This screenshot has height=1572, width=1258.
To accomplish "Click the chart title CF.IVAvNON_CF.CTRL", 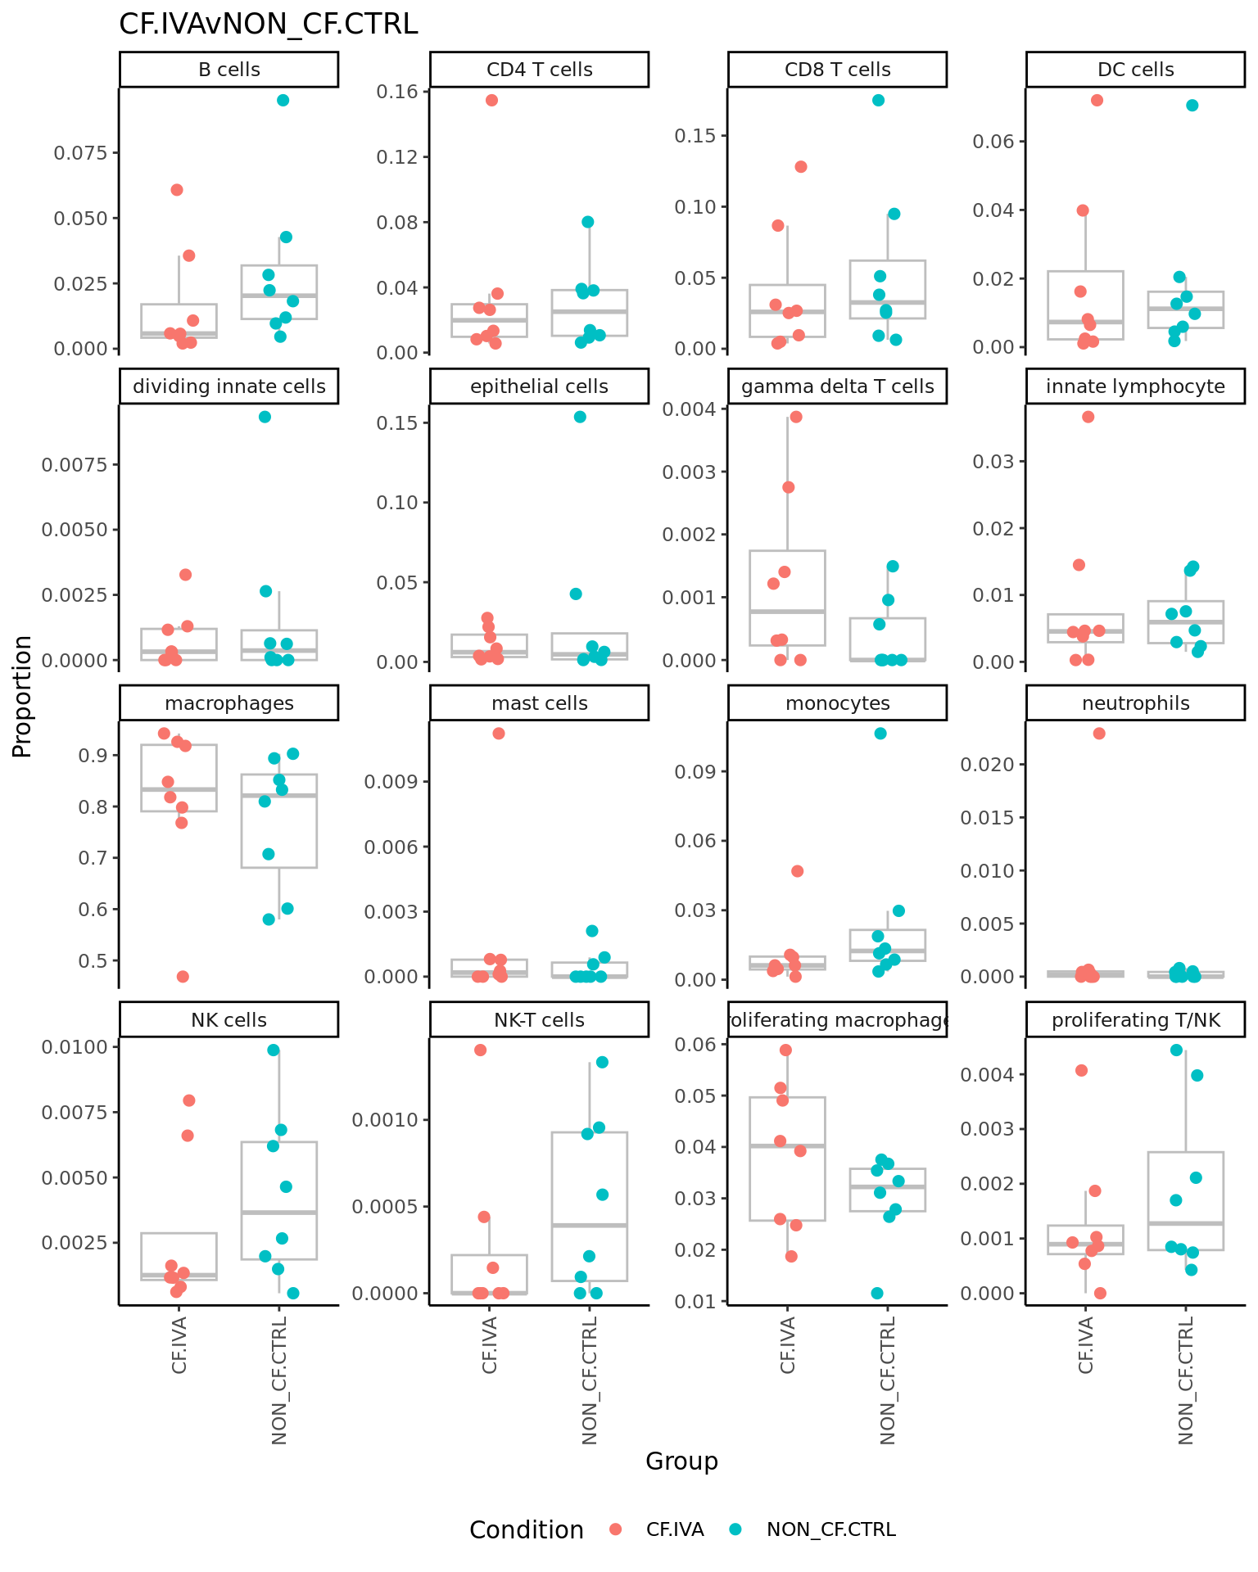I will (269, 25).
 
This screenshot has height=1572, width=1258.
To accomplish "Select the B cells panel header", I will (229, 70).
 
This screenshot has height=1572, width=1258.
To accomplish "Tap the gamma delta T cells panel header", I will (837, 386).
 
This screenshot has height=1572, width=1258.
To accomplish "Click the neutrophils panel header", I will (1135, 703).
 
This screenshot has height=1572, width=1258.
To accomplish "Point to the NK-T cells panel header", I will (539, 1020).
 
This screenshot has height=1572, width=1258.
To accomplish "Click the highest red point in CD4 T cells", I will (491, 100).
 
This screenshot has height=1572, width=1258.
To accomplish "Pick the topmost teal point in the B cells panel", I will (283, 100).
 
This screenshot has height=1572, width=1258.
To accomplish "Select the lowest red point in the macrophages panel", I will (183, 976).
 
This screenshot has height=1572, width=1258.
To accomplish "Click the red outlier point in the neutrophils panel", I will (1099, 734).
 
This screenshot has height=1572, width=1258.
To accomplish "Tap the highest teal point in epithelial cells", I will (580, 417).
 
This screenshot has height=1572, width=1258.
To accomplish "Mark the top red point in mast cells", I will (498, 734).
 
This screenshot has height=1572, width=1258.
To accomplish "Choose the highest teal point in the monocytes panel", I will (880, 734).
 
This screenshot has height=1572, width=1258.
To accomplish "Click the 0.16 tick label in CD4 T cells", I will (396, 92).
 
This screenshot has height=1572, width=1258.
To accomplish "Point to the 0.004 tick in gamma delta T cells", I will (695, 409).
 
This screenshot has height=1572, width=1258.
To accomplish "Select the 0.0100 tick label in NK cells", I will (79, 1047).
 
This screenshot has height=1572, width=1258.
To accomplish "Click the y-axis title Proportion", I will (22, 696).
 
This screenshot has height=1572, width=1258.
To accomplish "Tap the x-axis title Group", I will (681, 1461).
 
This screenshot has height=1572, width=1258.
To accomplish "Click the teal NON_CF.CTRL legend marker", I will (735, 1529).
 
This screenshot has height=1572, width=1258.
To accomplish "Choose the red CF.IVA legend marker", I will (616, 1529).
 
